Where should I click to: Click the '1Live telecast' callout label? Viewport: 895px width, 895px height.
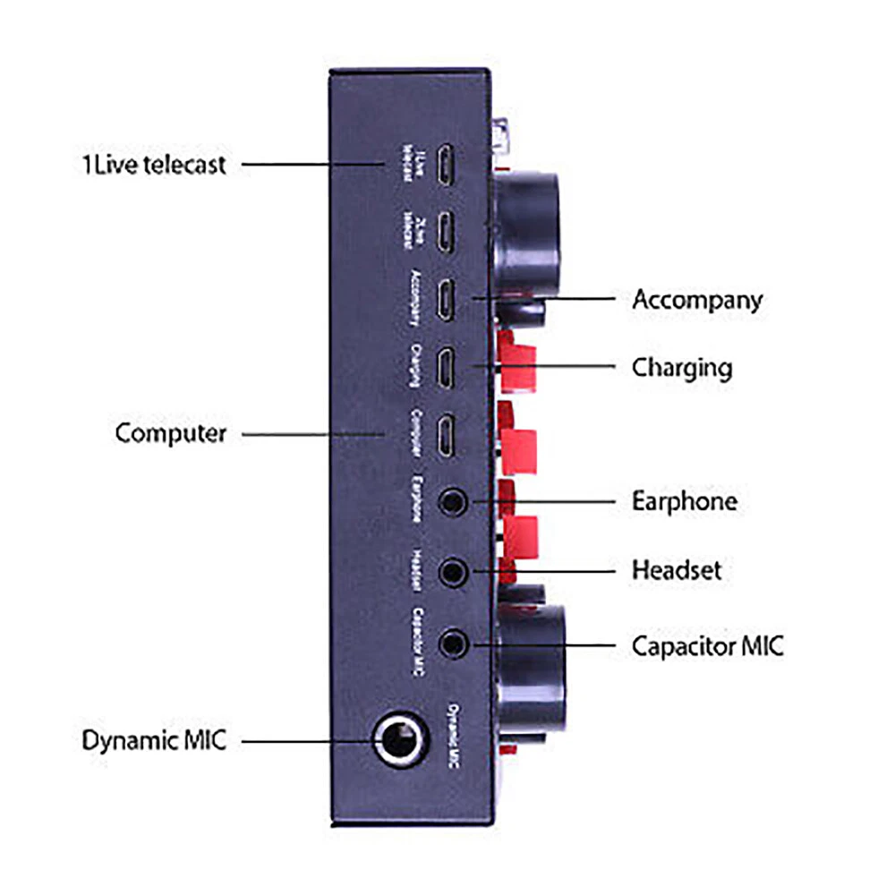tap(149, 165)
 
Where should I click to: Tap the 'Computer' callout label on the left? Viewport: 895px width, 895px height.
tap(170, 434)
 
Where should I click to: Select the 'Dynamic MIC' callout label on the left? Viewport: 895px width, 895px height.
tap(155, 741)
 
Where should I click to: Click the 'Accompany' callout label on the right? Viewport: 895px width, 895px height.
tap(697, 299)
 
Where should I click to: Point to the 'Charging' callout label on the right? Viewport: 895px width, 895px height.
tap(682, 367)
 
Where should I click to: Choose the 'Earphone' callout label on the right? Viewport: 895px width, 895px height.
tap(685, 501)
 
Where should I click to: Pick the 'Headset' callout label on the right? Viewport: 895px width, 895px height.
tap(677, 569)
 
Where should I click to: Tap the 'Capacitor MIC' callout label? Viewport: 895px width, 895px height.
tap(707, 645)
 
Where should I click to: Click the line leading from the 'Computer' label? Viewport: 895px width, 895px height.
tap(313, 434)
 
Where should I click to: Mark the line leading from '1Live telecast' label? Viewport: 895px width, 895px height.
tap(309, 165)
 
